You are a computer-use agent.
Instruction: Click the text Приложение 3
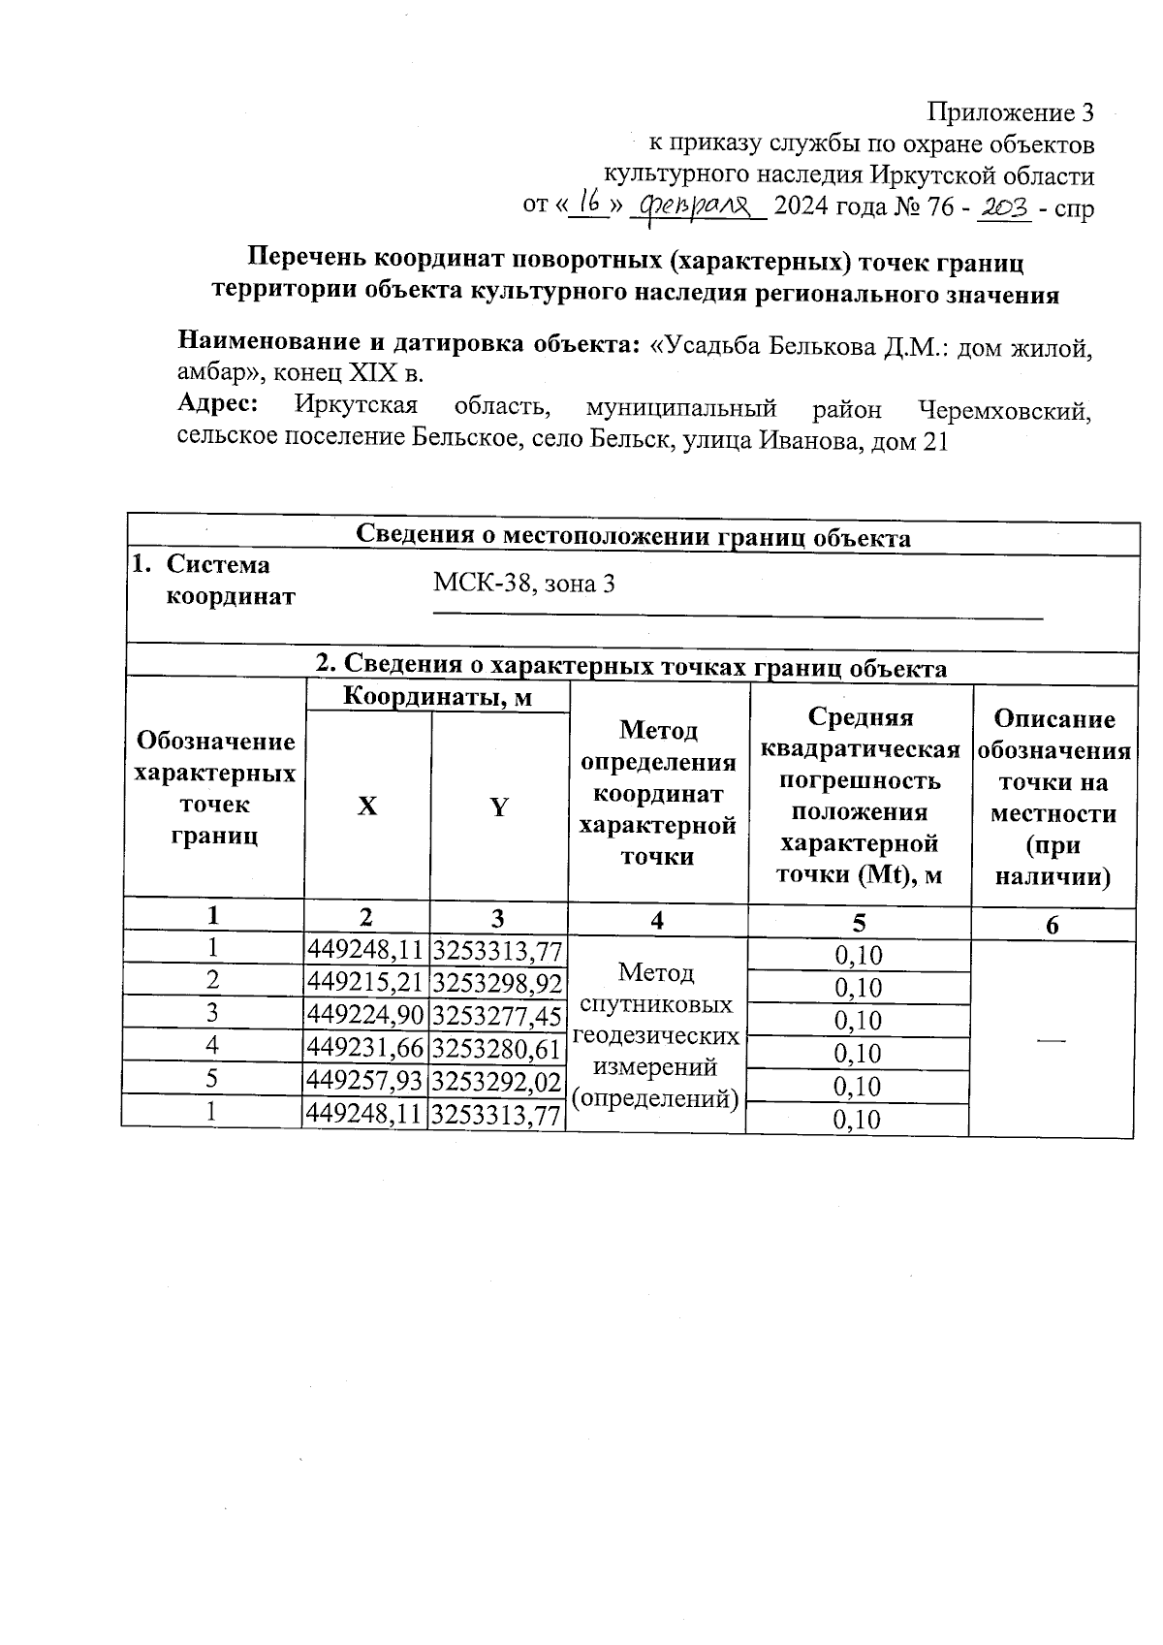(1011, 113)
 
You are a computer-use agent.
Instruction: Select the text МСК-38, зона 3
(523, 584)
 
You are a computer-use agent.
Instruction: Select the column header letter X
(366, 807)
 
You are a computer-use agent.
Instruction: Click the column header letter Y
(498, 807)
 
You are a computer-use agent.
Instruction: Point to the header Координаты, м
(437, 697)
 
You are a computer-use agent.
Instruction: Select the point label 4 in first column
(211, 1045)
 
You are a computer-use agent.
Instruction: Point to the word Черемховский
(1004, 411)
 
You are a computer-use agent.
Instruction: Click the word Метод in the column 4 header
(658, 729)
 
